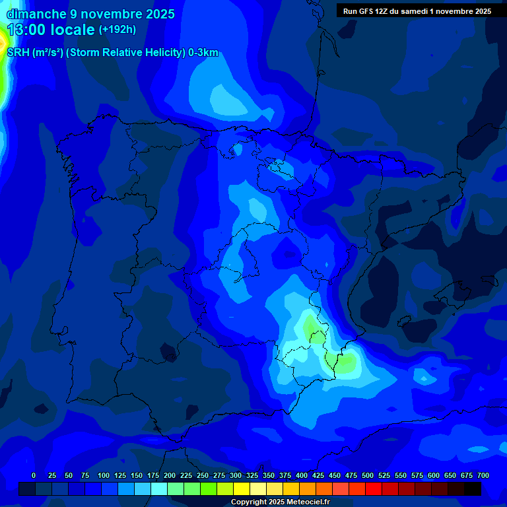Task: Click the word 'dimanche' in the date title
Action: (x=36, y=14)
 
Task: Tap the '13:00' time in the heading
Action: (x=26, y=30)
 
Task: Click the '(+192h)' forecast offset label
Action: (x=117, y=30)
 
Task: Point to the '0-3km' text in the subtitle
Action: (x=203, y=53)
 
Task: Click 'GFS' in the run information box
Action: (x=366, y=11)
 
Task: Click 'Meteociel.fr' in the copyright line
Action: (x=304, y=502)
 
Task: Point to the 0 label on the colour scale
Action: (x=34, y=475)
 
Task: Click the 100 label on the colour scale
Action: (x=104, y=475)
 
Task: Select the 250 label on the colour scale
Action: (x=203, y=475)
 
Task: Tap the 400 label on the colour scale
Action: (x=302, y=475)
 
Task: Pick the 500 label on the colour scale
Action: (x=368, y=475)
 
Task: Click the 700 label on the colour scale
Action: (x=483, y=475)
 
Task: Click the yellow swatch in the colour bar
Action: (x=242, y=489)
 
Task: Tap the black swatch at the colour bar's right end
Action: (x=473, y=489)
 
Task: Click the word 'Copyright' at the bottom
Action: (x=250, y=502)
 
